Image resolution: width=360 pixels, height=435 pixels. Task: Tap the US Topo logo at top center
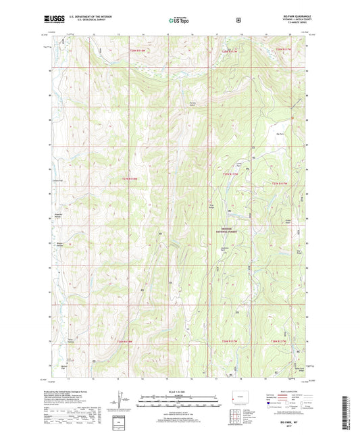coord(178,21)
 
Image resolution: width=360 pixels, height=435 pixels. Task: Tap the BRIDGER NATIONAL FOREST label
coord(230,230)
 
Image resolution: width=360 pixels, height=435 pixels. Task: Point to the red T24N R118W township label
coord(130,178)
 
